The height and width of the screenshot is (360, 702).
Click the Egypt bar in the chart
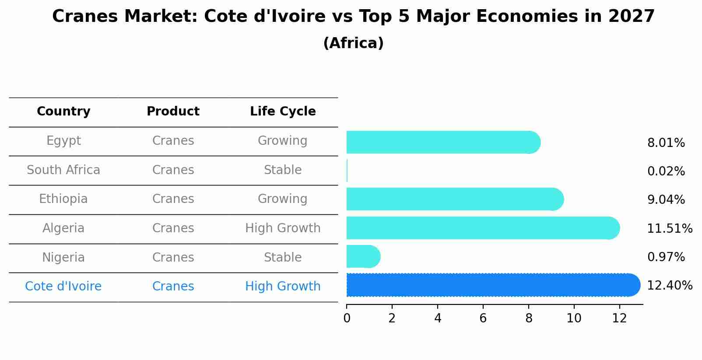(442, 142)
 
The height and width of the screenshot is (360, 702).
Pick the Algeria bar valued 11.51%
(481, 228)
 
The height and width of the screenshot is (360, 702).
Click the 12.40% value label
(669, 286)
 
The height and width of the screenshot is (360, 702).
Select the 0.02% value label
(666, 171)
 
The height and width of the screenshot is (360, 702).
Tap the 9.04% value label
(666, 200)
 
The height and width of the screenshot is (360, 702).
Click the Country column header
(63, 112)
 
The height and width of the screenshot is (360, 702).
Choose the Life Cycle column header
(283, 112)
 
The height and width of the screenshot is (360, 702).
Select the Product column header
(173, 112)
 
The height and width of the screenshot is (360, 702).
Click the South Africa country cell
(63, 170)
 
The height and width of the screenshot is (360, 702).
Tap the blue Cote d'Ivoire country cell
(63, 287)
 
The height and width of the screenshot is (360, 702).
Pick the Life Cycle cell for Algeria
(283, 228)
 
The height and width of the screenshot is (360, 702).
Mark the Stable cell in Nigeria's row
(283, 258)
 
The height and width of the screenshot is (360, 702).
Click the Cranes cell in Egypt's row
(173, 141)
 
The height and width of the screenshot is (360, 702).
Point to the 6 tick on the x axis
(483, 318)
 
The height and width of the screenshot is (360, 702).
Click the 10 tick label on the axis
(574, 318)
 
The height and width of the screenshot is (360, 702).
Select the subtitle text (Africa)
(353, 43)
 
